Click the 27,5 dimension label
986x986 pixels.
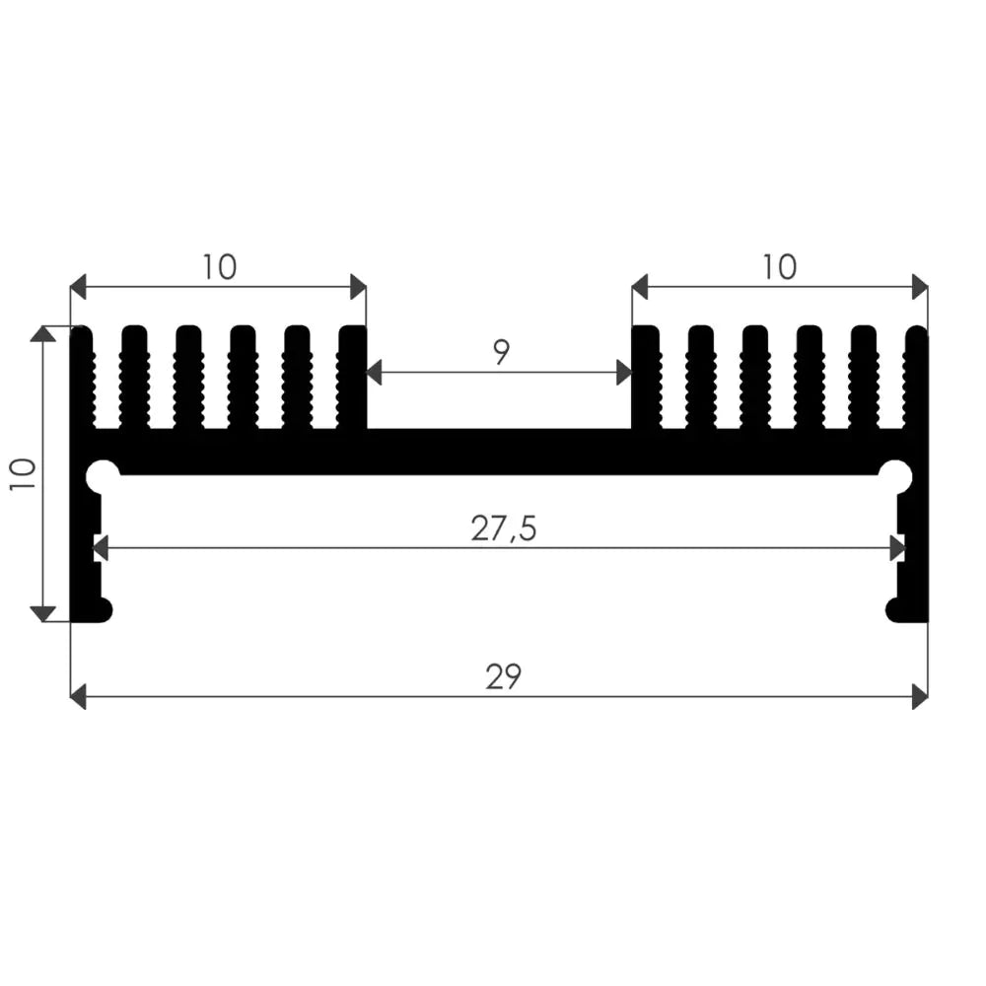coord(503,528)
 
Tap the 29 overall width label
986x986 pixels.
coord(503,677)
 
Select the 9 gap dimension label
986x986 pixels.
coord(501,352)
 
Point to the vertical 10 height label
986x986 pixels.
coord(24,475)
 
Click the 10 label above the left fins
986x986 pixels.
coord(219,267)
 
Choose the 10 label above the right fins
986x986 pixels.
coord(779,267)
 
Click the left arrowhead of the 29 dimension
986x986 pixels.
coord(78,697)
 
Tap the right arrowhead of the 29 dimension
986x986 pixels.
coord(920,697)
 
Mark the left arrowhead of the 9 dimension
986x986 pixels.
coord(374,373)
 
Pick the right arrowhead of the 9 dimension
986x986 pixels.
coord(624,373)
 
